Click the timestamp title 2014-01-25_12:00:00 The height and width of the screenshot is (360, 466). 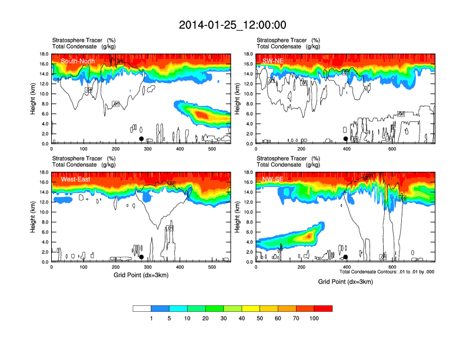pyautogui.click(x=232, y=25)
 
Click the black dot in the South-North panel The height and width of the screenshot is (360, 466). pyautogui.click(x=141, y=139)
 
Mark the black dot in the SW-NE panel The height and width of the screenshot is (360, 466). pyautogui.click(x=345, y=139)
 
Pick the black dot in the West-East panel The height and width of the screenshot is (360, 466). pyautogui.click(x=141, y=257)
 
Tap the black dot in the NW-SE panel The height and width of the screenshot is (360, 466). pyautogui.click(x=345, y=257)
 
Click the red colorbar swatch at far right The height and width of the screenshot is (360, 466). pyautogui.click(x=323, y=308)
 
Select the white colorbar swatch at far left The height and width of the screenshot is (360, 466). pyautogui.click(x=142, y=308)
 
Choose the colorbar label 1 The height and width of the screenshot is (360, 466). pyautogui.click(x=152, y=318)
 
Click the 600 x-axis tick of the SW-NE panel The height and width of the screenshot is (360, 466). pyautogui.click(x=392, y=149)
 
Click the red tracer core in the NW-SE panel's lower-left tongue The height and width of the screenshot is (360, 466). pyautogui.click(x=307, y=236)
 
